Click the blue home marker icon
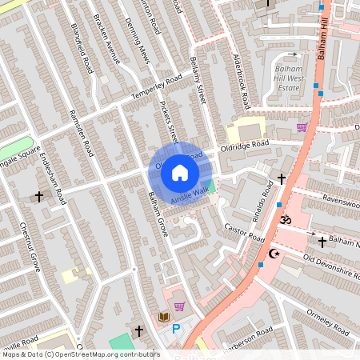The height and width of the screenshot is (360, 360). (180, 172)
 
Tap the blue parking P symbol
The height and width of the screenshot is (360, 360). (176, 329)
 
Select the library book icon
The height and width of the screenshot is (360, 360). (164, 318)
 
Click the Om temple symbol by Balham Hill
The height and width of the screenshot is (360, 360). (286, 220)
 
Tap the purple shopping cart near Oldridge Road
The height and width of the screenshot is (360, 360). (302, 126)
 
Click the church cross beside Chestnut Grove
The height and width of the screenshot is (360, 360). (38, 196)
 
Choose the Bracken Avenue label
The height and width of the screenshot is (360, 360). (106, 38)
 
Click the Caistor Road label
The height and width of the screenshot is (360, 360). (243, 234)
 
